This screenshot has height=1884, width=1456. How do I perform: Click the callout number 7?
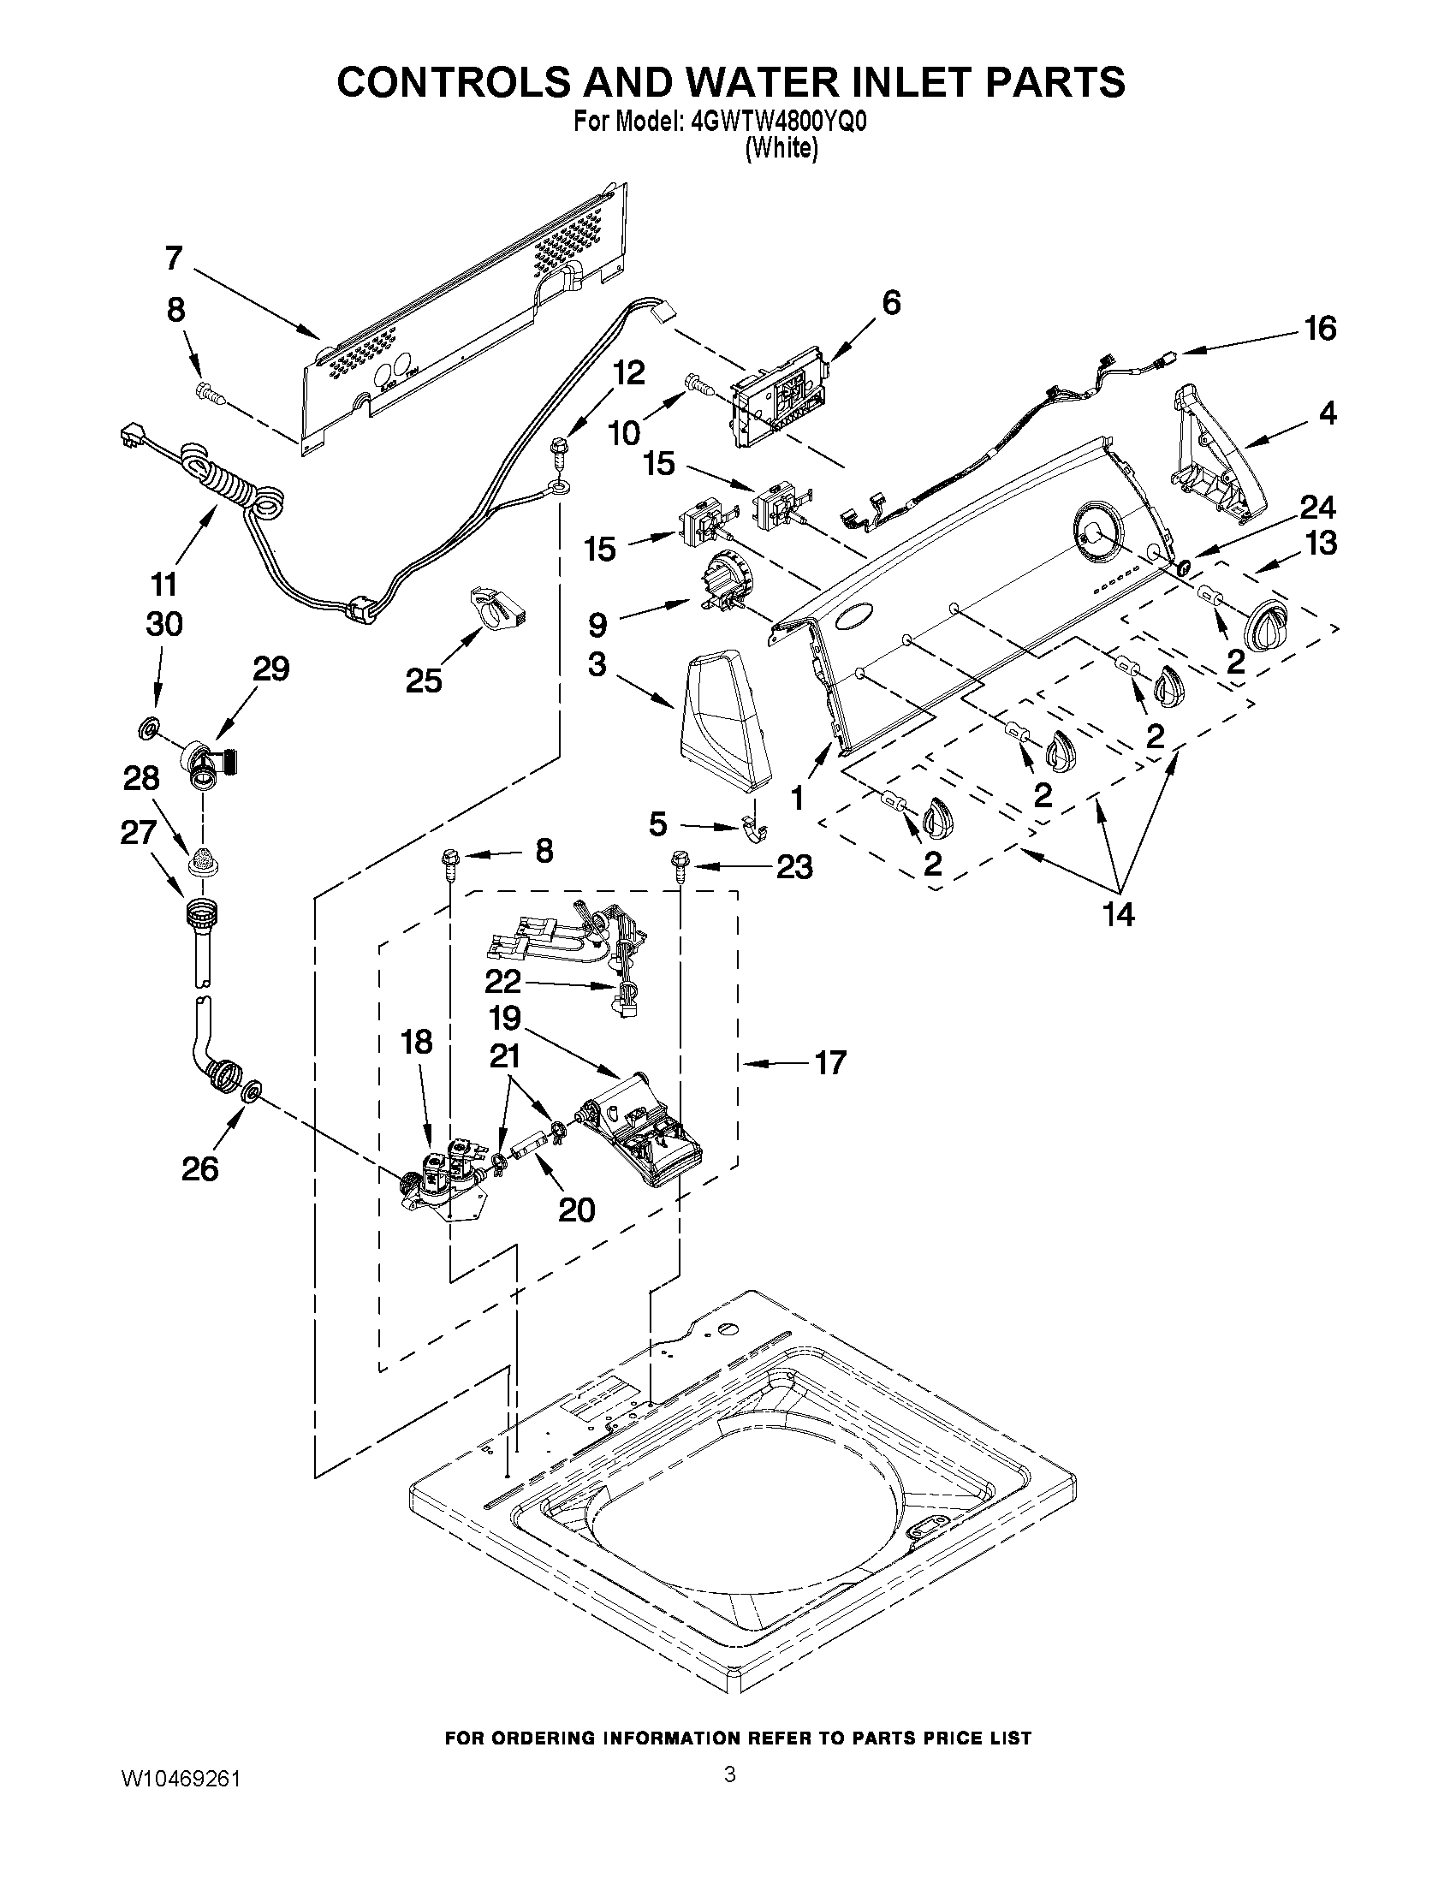click(x=175, y=258)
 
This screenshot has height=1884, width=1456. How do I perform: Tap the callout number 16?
click(x=1321, y=329)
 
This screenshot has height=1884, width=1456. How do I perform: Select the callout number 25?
click(x=424, y=680)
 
